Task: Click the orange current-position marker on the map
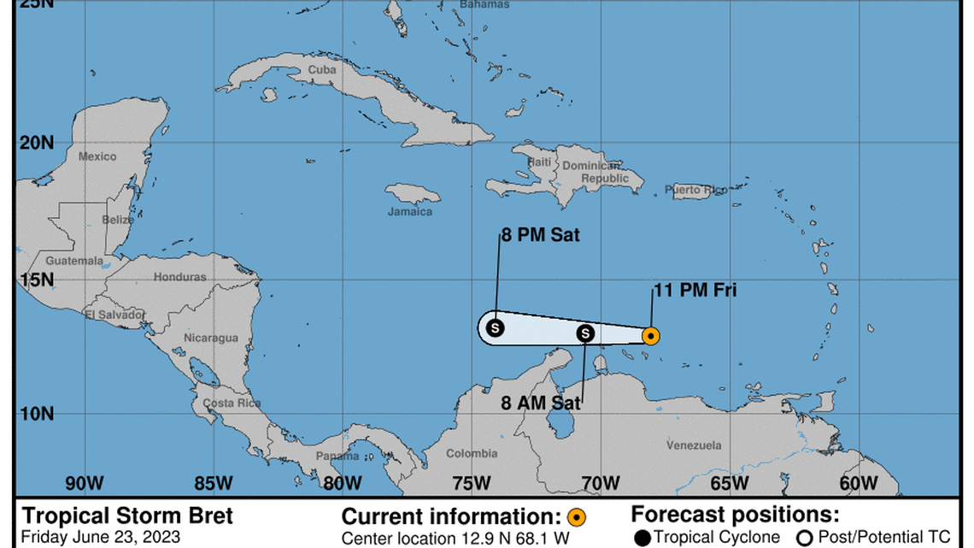650,336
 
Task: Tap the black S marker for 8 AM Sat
585,333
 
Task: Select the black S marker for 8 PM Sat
495,327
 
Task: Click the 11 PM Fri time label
695,291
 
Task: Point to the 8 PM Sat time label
541,235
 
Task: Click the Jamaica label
410,212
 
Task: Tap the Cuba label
322,69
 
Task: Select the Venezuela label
694,445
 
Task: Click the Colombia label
472,454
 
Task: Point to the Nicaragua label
211,338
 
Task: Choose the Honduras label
180,277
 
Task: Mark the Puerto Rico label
695,190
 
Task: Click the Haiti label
539,162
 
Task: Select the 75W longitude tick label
471,484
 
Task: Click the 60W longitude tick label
858,484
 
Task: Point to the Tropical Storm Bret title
126,516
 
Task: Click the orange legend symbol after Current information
577,517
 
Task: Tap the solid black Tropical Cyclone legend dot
642,538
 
